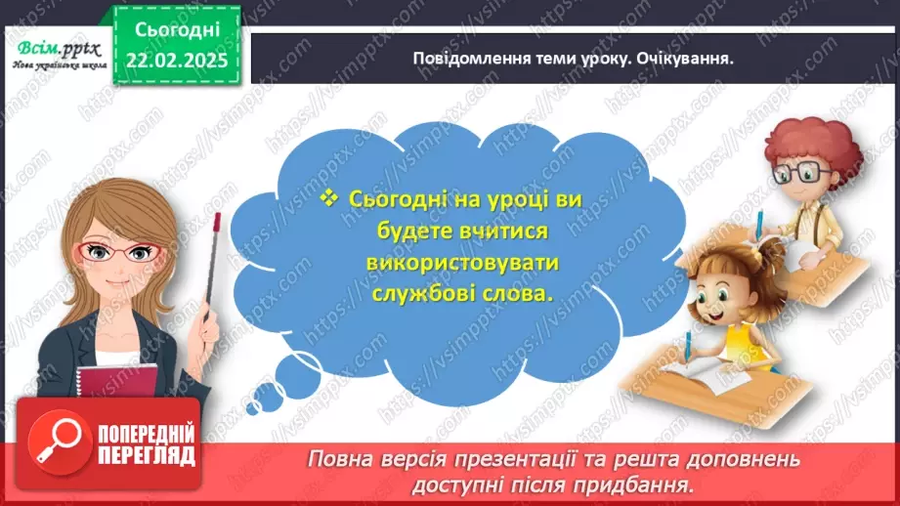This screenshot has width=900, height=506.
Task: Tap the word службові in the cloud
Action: pos(420,294)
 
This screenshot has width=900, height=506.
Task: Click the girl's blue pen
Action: pos(689,347)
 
